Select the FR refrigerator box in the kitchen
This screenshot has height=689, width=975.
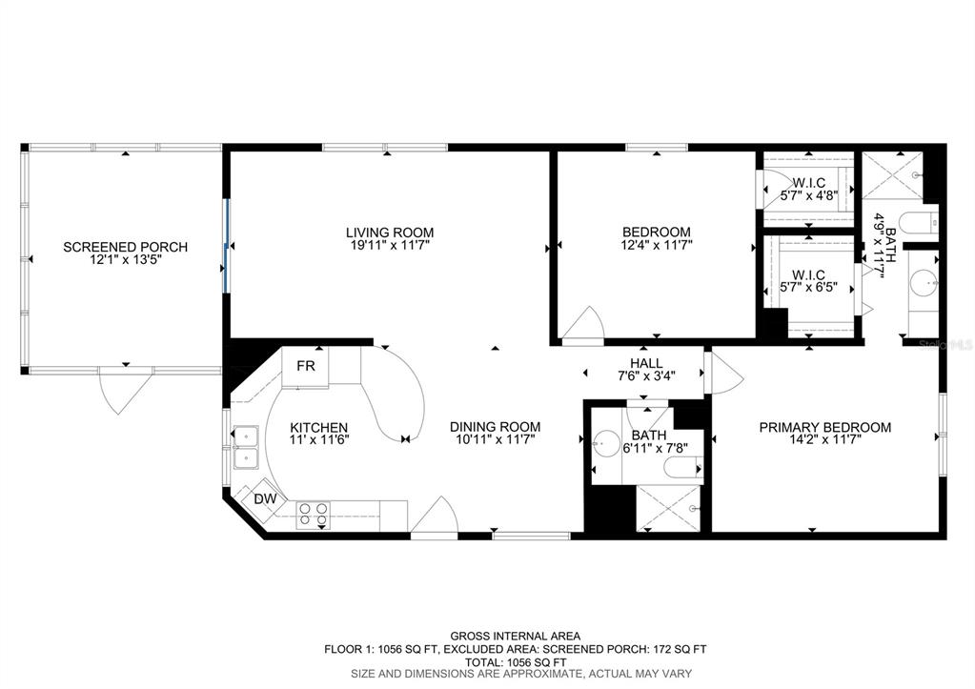pyautogui.click(x=305, y=367)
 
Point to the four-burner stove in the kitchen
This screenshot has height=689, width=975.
pyautogui.click(x=313, y=515)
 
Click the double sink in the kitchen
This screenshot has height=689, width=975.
pyautogui.click(x=246, y=448)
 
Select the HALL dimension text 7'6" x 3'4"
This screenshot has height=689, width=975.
pyautogui.click(x=647, y=375)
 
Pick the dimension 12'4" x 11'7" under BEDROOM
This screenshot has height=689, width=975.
pyautogui.click(x=656, y=245)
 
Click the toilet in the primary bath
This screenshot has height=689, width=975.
pyautogui.click(x=919, y=223)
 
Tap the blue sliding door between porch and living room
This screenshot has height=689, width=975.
pyautogui.click(x=227, y=246)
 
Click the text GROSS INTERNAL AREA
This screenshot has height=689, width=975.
pyautogui.click(x=515, y=637)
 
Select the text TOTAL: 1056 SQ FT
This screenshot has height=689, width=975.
pyautogui.click(x=515, y=661)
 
